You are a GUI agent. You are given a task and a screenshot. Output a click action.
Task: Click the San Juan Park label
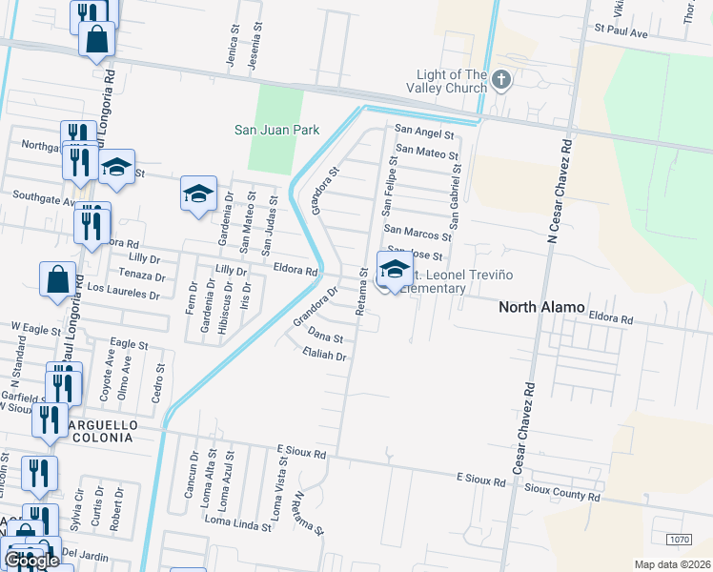coord(277,130)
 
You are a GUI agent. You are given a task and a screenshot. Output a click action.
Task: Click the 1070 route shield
coord(680,540)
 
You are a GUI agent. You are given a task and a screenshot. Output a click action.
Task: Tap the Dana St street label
coord(325,337)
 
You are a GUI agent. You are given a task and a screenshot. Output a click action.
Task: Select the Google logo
coord(31,561)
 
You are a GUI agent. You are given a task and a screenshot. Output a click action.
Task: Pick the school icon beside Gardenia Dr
coord(198,193)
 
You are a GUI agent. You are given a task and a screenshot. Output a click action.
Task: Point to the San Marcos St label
coord(417,233)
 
